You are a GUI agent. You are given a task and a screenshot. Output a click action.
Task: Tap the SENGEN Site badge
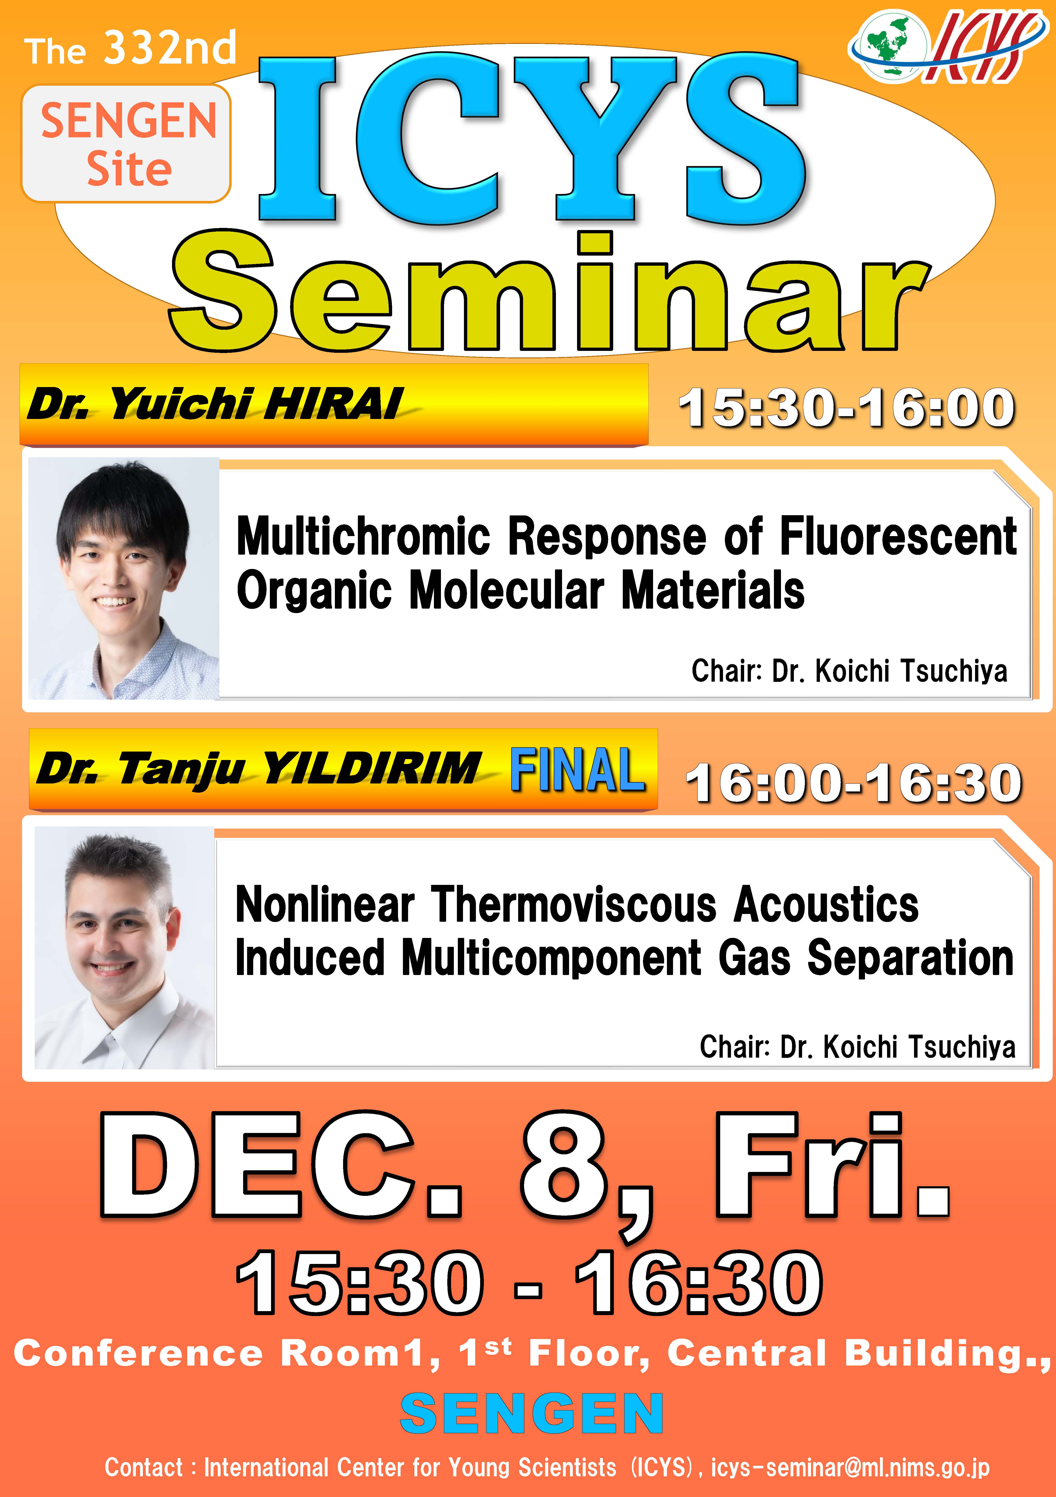126,143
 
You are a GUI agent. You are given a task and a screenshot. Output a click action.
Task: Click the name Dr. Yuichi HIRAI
215,404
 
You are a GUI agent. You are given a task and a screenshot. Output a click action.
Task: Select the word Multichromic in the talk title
363,536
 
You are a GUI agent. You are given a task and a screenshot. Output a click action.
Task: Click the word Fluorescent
898,536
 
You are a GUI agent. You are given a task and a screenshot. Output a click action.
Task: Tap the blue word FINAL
577,769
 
